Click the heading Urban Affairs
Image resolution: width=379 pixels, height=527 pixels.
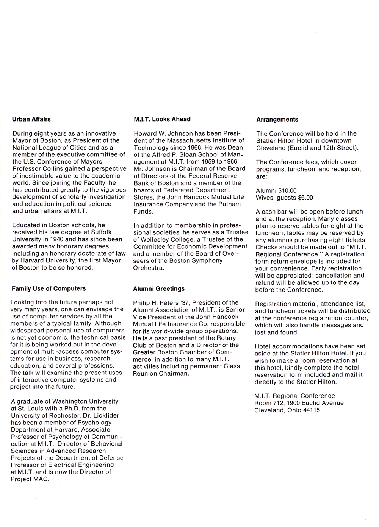[31, 119]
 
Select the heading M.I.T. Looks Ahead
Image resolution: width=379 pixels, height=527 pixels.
[162, 119]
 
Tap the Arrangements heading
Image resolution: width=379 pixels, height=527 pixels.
[277, 120]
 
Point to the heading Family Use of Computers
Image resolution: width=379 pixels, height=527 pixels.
[49, 288]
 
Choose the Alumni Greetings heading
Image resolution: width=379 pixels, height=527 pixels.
[159, 288]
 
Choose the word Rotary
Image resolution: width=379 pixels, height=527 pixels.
[226, 338]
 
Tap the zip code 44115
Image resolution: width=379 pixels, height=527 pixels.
[312, 410]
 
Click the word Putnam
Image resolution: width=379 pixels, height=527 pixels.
[229, 204]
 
